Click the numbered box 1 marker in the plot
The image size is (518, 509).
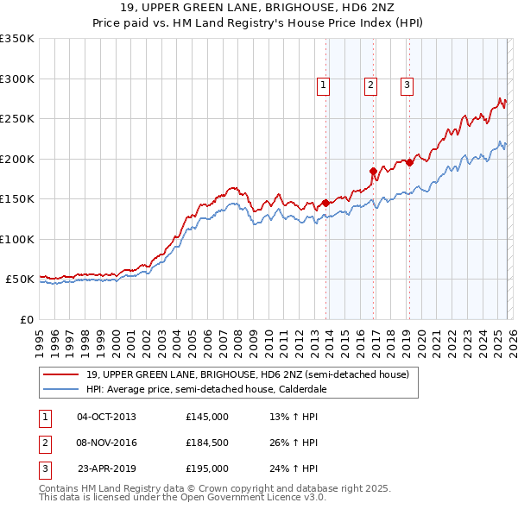pos(322,85)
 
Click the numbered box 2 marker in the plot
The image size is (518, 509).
pos(370,85)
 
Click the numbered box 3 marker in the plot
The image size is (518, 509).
pos(406,85)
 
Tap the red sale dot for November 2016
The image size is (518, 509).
pos(373,171)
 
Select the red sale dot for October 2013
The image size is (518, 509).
pos(325,203)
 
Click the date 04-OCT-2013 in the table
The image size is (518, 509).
pos(106,417)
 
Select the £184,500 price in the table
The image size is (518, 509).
pos(207,443)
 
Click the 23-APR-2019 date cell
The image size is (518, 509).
pos(106,468)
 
